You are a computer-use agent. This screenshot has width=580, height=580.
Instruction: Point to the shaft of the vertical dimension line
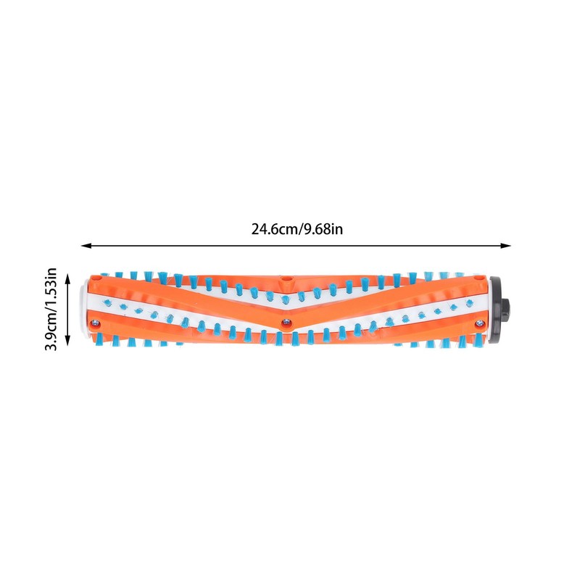tap(67, 310)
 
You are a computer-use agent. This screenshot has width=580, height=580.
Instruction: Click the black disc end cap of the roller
tap(496, 308)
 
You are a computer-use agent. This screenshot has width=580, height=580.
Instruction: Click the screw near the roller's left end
tap(94, 320)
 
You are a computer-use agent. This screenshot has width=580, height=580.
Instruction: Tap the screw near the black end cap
tap(478, 323)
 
